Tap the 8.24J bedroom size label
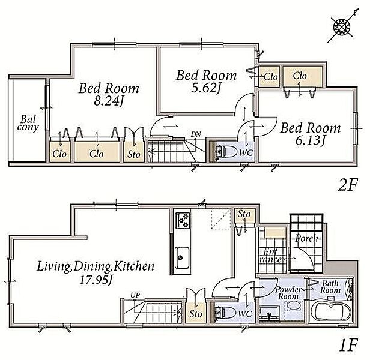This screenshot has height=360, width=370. [109, 101]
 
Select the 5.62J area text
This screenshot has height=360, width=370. [206, 88]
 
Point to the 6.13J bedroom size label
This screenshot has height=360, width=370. [311, 141]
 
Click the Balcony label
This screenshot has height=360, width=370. [28, 124]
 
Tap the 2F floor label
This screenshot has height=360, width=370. [348, 185]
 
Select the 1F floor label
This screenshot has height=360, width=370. [348, 346]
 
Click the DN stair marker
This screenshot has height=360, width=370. [196, 134]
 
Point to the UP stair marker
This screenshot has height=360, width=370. [135, 295]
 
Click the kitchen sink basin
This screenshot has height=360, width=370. [181, 257]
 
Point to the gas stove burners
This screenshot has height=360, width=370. [183, 220]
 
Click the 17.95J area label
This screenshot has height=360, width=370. [96, 281]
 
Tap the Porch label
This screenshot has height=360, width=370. [306, 238]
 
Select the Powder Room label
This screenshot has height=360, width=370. [288, 293]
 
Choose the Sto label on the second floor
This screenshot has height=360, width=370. [133, 154]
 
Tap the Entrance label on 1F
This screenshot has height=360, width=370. [270, 256]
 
